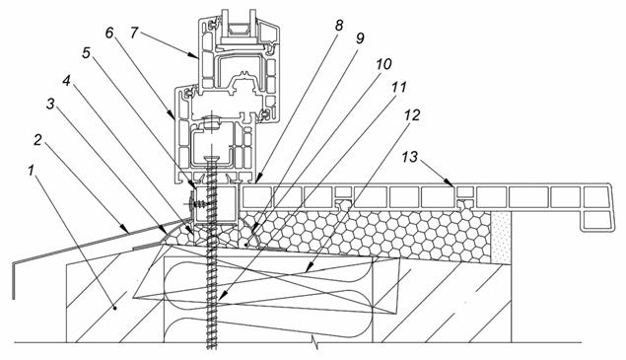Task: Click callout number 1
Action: tap(31, 171)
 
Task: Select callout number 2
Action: tap(37, 140)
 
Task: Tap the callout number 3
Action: tap(50, 105)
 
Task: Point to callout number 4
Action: tap(66, 81)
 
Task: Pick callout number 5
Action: tap(86, 53)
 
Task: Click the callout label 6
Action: tap(109, 33)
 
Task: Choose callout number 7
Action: tap(134, 33)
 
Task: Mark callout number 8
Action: tap(338, 26)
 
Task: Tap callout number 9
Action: tap(360, 38)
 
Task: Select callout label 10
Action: tap(383, 64)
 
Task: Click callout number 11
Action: tap(398, 88)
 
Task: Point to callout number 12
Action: tap(412, 115)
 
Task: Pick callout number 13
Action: tap(410, 157)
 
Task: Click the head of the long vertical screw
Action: tap(212, 160)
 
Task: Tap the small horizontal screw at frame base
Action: tap(196, 204)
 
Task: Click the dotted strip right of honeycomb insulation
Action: tap(501, 238)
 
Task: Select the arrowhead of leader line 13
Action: tap(451, 183)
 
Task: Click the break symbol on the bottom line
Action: tap(315, 342)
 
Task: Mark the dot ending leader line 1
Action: tap(115, 308)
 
